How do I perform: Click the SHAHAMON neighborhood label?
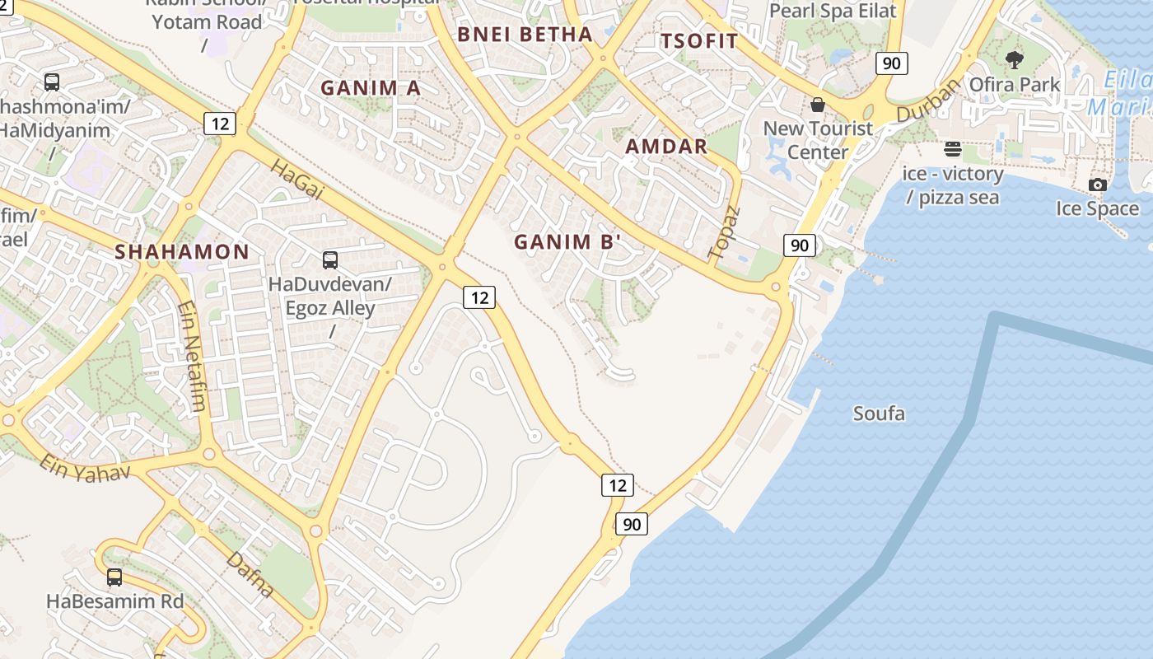(182, 252)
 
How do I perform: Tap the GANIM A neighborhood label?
(371, 88)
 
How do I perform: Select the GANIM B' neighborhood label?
(567, 242)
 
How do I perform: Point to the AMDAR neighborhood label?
(666, 147)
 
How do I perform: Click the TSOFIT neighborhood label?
(699, 40)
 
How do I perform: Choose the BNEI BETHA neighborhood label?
(525, 35)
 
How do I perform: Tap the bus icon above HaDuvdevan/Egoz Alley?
(330, 260)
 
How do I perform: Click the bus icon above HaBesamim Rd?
(114, 577)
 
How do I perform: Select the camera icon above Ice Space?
(1098, 185)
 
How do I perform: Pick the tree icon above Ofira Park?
(1015, 60)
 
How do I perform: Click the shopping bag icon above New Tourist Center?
(818, 105)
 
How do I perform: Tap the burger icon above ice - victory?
(953, 150)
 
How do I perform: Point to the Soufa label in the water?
(879, 414)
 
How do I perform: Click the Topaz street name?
(725, 232)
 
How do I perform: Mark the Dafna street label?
(249, 573)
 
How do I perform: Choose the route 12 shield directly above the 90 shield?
(618, 485)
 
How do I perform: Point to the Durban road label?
(928, 100)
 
